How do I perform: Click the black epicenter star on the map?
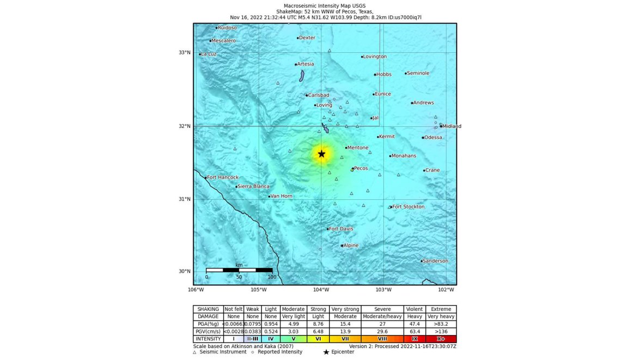pyautogui.click(x=321, y=154)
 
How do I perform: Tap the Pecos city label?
pyautogui.click(x=361, y=168)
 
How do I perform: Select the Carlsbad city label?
pyautogui.click(x=319, y=95)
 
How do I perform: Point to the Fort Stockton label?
pyautogui.click(x=408, y=207)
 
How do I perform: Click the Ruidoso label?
pyautogui.click(x=227, y=28)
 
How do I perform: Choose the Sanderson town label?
pyautogui.click(x=436, y=261)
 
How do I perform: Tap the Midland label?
pyautogui.click(x=452, y=126)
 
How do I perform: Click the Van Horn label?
pyautogui.click(x=282, y=196)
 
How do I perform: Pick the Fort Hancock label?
pyautogui.click(x=223, y=178)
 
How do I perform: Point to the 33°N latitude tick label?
pyautogui.click(x=185, y=53)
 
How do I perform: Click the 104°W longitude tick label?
pyautogui.click(x=321, y=289)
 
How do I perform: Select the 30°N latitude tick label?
pyautogui.click(x=185, y=271)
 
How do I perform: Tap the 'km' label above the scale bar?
pyautogui.click(x=239, y=265)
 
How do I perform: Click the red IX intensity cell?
pyautogui.click(x=415, y=339)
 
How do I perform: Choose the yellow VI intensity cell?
pyautogui.click(x=318, y=339)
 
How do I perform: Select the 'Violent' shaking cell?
pyautogui.click(x=415, y=309)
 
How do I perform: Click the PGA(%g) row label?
pyautogui.click(x=208, y=324)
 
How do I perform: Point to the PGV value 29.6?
pyautogui.click(x=382, y=331)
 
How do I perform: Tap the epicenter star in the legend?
pyautogui.click(x=326, y=352)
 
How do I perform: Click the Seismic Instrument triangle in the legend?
pyautogui.click(x=195, y=352)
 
